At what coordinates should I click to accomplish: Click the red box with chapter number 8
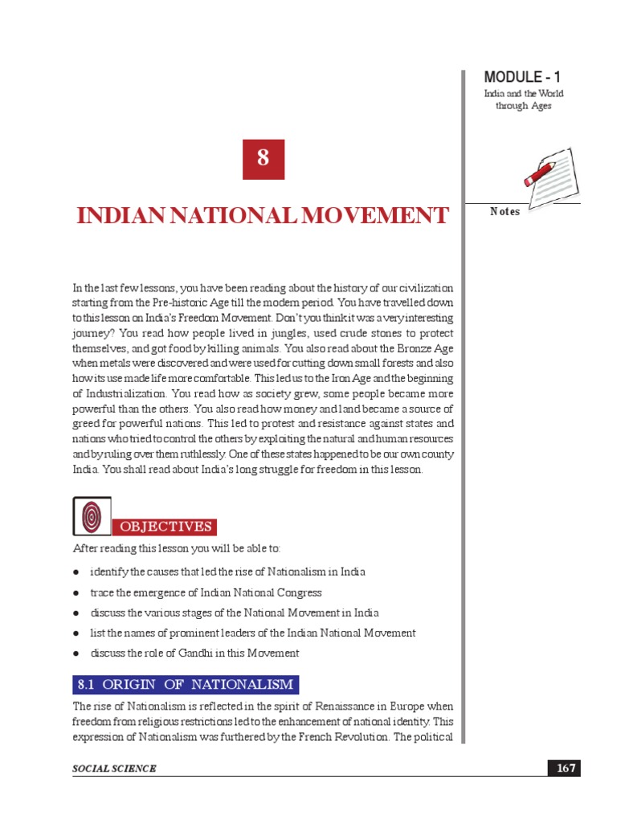point(263,159)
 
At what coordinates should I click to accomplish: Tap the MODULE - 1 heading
point(522,77)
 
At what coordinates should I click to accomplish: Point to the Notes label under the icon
point(505,211)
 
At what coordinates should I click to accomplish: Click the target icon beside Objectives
point(91,515)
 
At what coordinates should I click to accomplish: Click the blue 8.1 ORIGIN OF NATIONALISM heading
point(186,685)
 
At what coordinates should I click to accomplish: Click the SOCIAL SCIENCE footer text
point(114,769)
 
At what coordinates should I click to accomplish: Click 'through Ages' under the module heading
point(523,106)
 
